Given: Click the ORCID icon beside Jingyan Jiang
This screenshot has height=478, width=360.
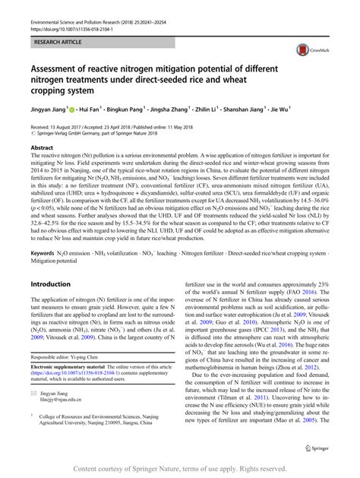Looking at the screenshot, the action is click(x=74, y=109).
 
